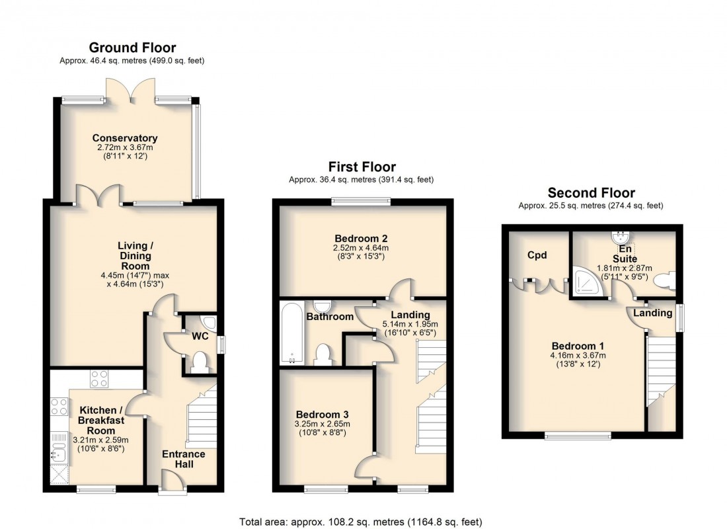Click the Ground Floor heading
pos(132,48)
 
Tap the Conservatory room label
pos(125,138)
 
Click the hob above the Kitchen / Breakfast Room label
pos(99,379)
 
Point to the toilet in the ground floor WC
pos(199,362)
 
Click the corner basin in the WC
pos(209,322)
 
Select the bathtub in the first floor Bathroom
pos(290,333)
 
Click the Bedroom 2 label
pos(361,239)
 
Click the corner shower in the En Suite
pos(585,282)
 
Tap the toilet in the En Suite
pos(664,280)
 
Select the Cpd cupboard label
pos(536,255)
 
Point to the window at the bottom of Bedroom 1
pos(578,434)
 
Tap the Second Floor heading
pos(591,193)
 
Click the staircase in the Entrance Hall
pos(202,417)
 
